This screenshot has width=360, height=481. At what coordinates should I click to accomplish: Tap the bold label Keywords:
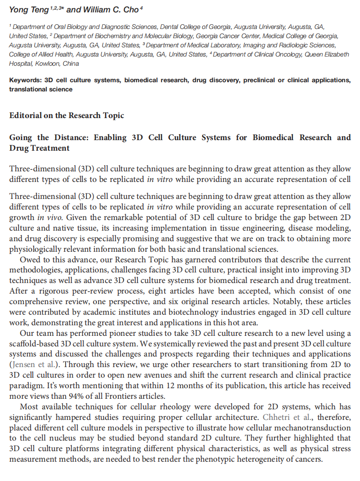tap(26, 80)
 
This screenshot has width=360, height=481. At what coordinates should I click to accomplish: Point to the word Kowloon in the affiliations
tap(46, 63)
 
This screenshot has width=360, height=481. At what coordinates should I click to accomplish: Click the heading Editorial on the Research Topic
tap(67, 115)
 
